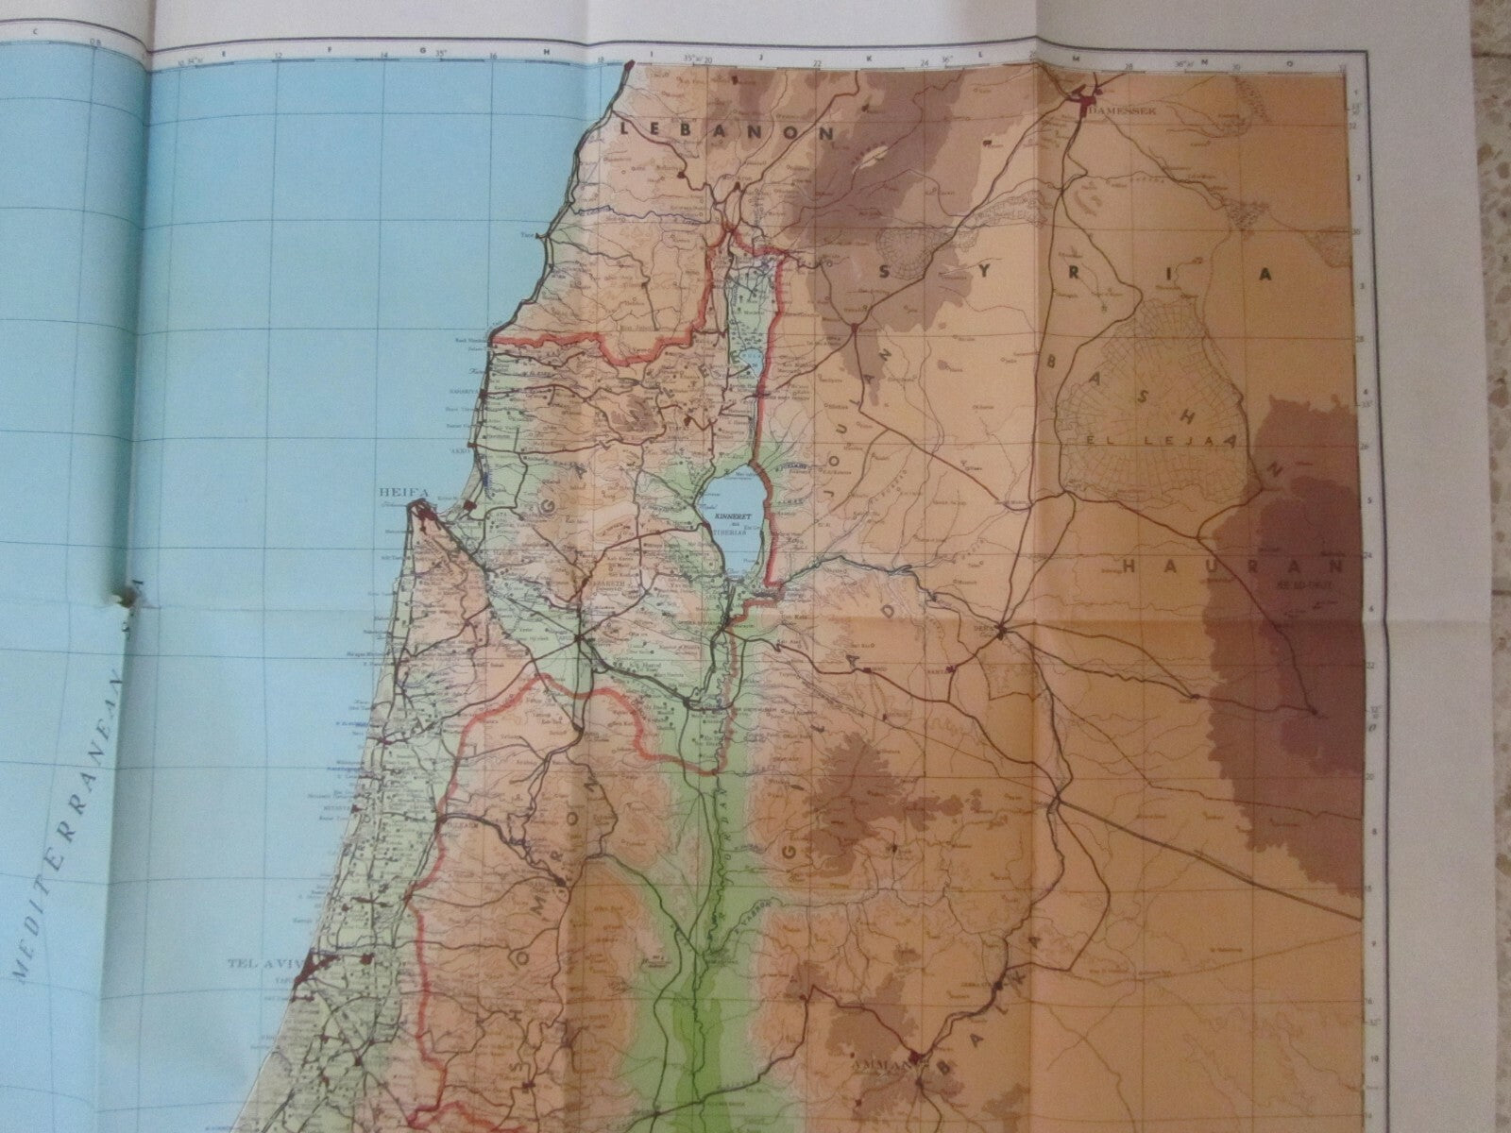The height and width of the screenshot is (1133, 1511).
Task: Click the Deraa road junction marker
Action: [1004, 631]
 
